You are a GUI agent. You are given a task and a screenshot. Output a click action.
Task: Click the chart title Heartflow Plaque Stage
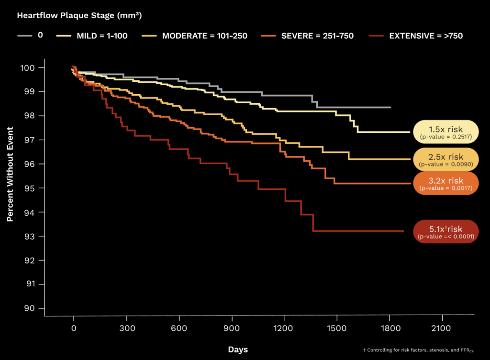(x=79, y=15)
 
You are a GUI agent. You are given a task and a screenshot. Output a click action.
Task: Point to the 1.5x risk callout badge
(x=445, y=132)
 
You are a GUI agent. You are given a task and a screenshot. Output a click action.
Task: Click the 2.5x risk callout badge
(x=445, y=159)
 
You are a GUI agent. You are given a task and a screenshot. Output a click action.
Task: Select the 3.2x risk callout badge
(x=445, y=183)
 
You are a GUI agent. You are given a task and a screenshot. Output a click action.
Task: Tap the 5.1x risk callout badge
(x=445, y=232)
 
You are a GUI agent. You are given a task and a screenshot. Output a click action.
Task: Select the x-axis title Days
(x=238, y=349)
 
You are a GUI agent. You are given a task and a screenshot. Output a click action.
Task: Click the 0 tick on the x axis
(x=74, y=328)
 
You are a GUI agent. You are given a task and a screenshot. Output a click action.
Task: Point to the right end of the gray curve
(x=390, y=108)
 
